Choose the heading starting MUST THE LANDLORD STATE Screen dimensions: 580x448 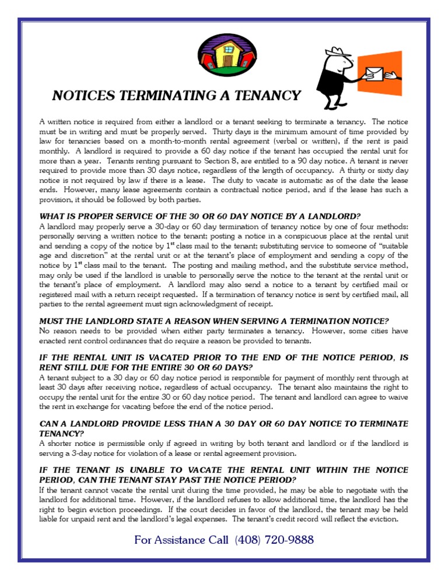point(213,321)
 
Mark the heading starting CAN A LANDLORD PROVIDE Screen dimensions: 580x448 point(223,423)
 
